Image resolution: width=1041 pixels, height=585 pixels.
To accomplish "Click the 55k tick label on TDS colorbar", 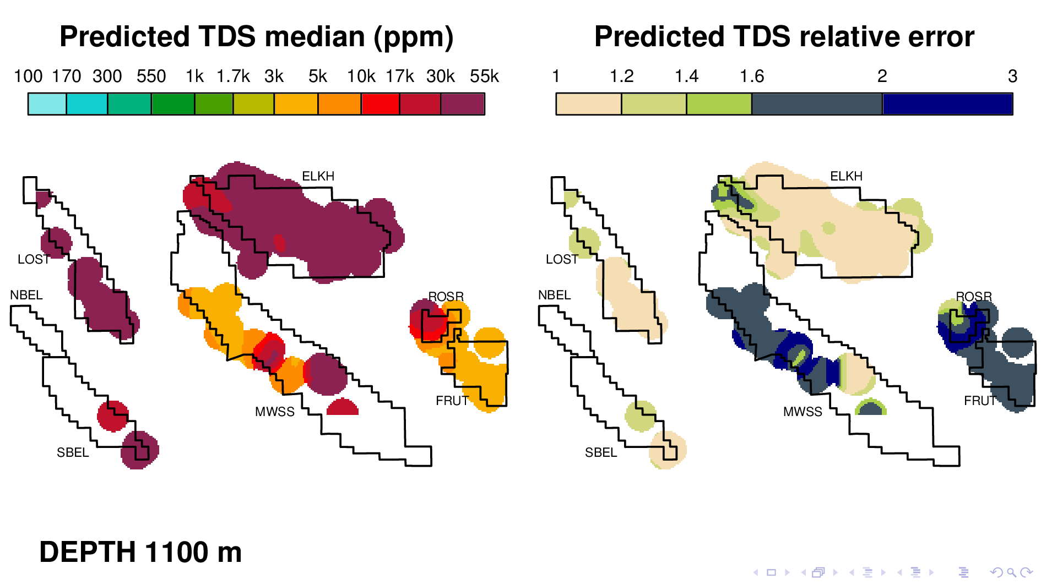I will (484, 76).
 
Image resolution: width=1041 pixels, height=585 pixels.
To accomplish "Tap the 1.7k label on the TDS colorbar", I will (233, 76).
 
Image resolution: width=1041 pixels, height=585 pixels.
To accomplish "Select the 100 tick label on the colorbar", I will (28, 76).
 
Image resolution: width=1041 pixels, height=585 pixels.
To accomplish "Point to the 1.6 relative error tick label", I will (752, 76).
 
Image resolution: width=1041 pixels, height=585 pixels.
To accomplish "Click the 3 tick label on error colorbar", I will (1012, 76).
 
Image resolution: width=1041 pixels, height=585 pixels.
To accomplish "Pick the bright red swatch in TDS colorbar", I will (381, 104).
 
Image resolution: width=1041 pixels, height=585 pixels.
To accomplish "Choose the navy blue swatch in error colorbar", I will (947, 104).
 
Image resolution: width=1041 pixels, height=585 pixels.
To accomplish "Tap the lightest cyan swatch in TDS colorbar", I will (47, 104).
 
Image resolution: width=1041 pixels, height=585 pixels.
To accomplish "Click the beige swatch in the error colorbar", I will (588, 104).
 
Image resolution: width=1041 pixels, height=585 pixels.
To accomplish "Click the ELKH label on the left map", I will (318, 176).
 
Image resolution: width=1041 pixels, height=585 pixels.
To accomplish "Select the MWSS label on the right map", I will (803, 412).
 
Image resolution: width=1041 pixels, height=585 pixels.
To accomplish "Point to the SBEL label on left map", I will (73, 452).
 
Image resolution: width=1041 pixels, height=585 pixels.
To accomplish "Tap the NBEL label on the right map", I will (554, 295).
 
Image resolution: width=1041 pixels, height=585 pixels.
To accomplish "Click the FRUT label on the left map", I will (452, 401).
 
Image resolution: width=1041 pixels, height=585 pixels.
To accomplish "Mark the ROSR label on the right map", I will (974, 297).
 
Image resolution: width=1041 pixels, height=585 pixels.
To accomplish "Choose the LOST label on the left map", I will (34, 259).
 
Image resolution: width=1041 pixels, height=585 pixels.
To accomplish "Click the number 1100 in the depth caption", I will (177, 552).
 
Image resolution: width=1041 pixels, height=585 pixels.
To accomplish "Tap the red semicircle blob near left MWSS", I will (343, 408).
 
